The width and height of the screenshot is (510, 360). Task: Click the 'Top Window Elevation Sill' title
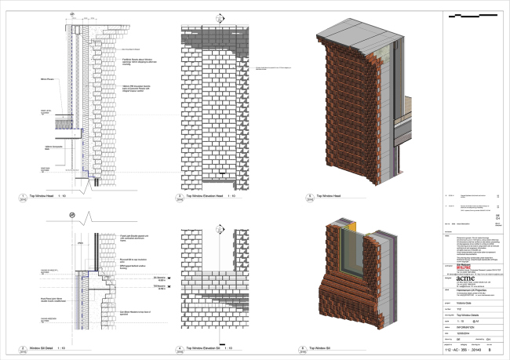[209, 346]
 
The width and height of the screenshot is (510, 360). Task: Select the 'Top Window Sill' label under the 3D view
[346, 346]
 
